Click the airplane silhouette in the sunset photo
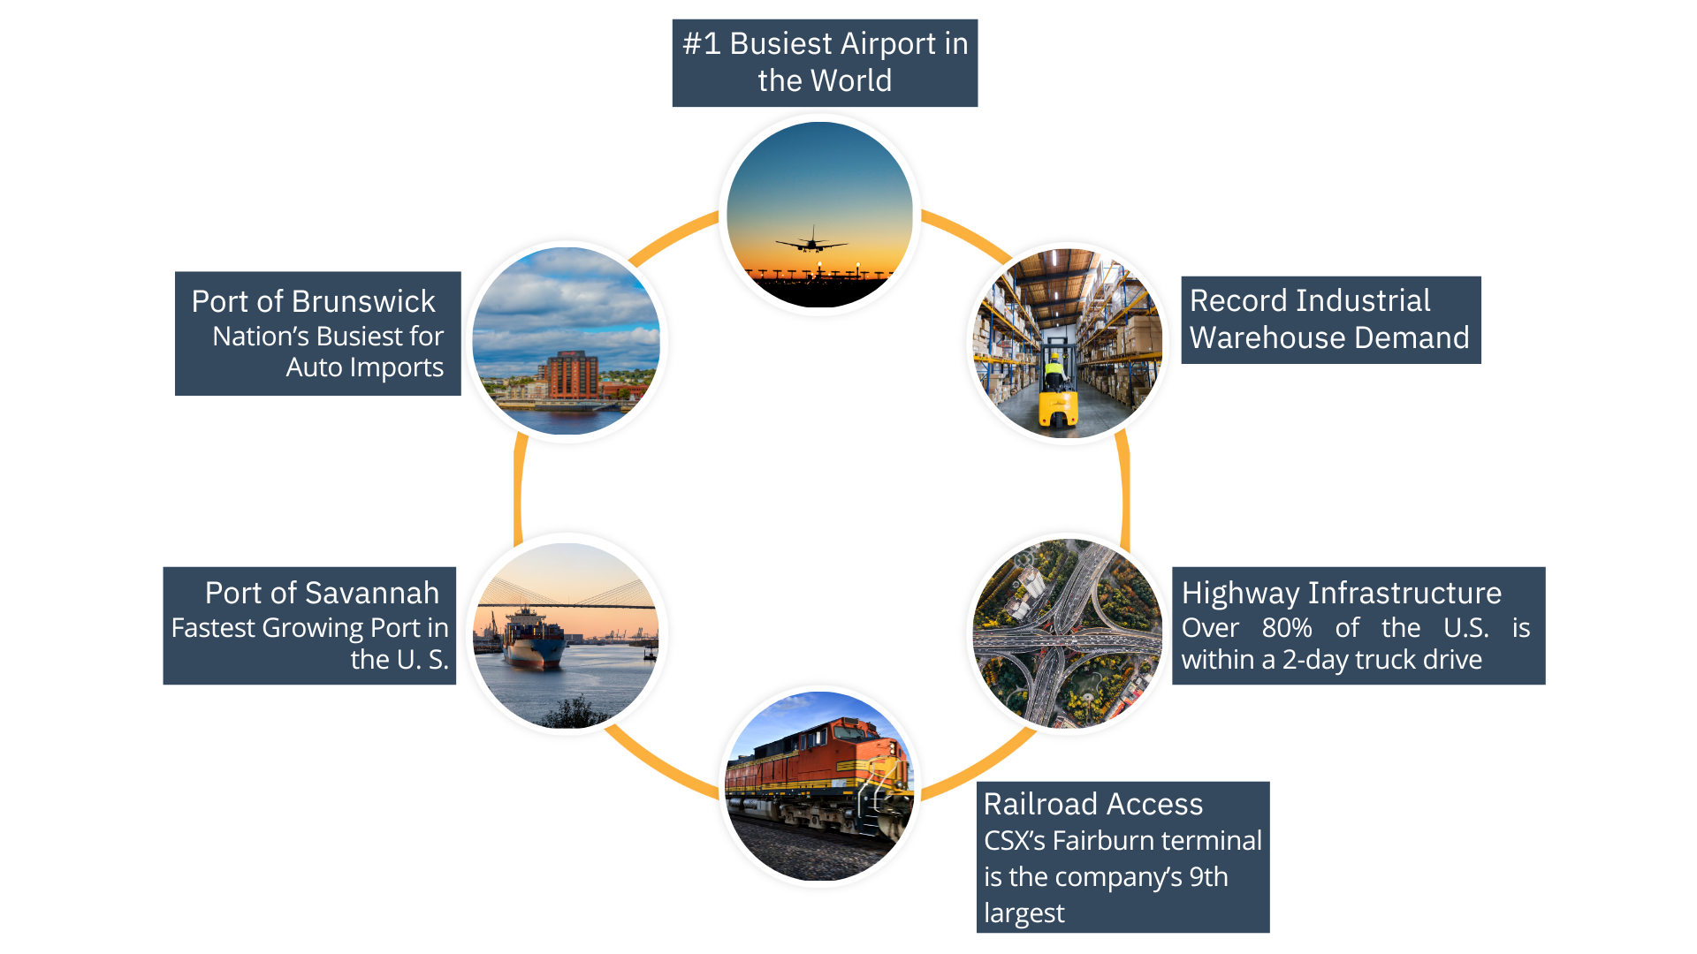tap(810, 243)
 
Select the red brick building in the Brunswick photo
tap(573, 375)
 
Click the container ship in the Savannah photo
tap(533, 638)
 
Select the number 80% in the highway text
tap(1286, 628)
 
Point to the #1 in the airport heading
tap(702, 43)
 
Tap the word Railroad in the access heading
tap(1040, 804)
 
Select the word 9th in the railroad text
tap(1208, 877)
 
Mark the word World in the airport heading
tap(849, 80)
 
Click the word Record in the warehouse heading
tap(1236, 300)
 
